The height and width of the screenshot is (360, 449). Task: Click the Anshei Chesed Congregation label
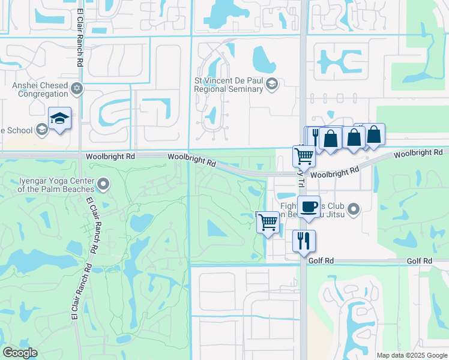(x=40, y=89)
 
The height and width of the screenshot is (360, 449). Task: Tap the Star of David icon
(x=76, y=89)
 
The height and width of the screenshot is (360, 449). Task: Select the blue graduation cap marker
(x=60, y=118)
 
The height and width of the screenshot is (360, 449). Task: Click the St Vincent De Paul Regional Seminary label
(x=229, y=85)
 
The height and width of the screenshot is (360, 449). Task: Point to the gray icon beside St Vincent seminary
(x=271, y=84)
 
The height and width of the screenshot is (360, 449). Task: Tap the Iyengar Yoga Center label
(x=56, y=185)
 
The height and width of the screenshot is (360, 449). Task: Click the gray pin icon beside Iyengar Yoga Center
(x=104, y=183)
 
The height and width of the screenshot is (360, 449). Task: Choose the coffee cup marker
(x=309, y=207)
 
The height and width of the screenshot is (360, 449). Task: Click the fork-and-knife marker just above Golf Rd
(x=304, y=240)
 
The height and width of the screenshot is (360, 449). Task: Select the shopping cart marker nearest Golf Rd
(x=268, y=222)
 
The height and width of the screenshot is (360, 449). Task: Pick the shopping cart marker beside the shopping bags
(x=304, y=156)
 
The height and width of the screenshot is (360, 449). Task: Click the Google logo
(x=20, y=353)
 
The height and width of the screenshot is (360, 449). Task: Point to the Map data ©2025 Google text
(x=412, y=355)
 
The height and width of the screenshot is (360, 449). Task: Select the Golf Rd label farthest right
(x=419, y=261)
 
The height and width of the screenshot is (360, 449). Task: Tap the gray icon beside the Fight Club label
(x=354, y=209)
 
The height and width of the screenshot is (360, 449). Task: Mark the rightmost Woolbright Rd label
(x=420, y=154)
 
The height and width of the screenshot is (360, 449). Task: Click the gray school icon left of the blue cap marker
(x=41, y=129)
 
